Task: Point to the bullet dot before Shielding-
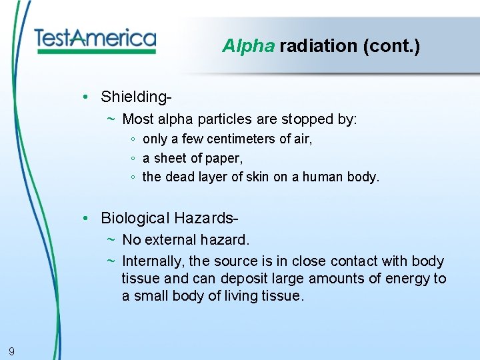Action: click(x=87, y=97)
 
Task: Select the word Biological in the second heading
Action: click(x=135, y=218)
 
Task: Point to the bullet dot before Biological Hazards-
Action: click(x=87, y=218)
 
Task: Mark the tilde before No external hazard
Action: click(x=111, y=240)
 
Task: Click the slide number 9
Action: click(x=12, y=351)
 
